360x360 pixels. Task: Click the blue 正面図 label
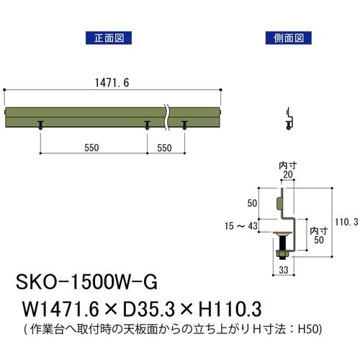pos(109,38)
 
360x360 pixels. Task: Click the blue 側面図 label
pos(288,38)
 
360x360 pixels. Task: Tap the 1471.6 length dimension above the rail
pos(112,83)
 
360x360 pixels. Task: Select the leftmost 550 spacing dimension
pos(91,148)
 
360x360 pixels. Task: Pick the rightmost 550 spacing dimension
pos(164,148)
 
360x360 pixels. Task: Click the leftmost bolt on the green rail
pos(40,125)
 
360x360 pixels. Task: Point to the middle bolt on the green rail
pos(147,125)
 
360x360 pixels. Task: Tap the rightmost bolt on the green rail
pos(184,125)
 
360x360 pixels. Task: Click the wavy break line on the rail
pos(166,117)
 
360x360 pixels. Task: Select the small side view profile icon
pos(289,119)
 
